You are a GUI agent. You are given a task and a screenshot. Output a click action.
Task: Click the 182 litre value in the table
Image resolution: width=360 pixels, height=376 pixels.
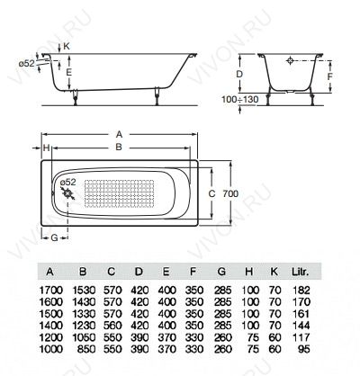[x=301, y=290]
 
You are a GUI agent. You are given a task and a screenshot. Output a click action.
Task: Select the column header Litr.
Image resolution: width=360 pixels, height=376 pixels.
[x=301, y=272]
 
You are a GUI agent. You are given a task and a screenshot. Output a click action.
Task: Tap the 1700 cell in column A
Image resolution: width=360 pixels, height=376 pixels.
[x=51, y=290]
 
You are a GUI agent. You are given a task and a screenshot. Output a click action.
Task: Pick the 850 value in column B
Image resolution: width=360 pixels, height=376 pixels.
[x=86, y=349]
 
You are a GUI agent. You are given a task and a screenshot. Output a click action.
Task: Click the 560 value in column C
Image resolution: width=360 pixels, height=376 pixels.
[x=112, y=326]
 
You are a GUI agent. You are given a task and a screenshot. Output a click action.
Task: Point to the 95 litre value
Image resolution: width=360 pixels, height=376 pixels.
[x=304, y=349]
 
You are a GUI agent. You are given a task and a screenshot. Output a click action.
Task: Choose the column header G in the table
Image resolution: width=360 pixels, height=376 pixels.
[x=221, y=272]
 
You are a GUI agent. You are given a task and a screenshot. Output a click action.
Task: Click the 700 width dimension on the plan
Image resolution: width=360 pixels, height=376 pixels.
[x=230, y=193]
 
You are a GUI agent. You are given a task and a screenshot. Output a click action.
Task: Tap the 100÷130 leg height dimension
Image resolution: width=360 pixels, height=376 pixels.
[x=240, y=99]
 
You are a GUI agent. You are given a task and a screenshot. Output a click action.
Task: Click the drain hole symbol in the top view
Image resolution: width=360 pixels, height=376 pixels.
[x=69, y=193]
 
